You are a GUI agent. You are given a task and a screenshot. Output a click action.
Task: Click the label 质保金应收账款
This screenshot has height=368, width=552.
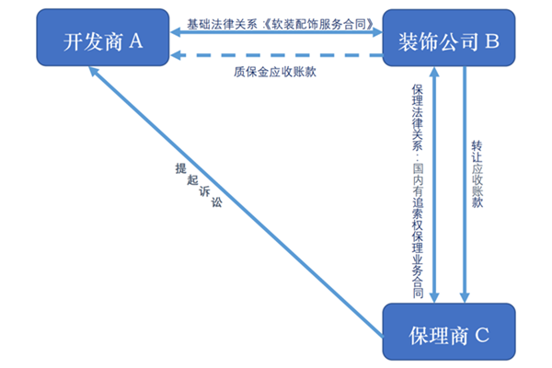[273, 71]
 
